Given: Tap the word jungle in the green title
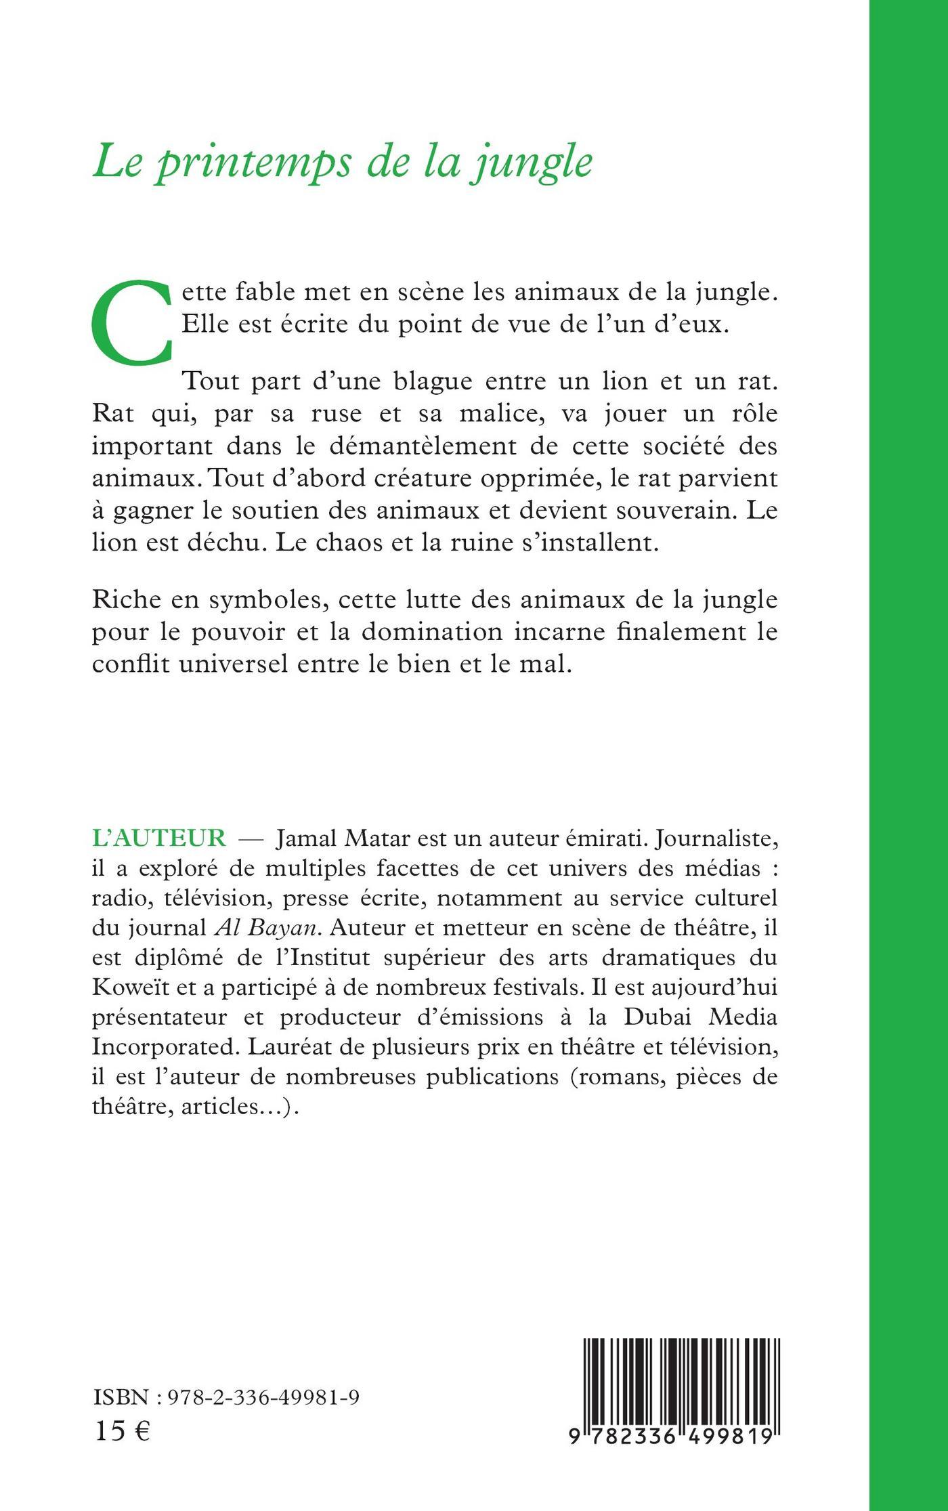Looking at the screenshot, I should [541, 163].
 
